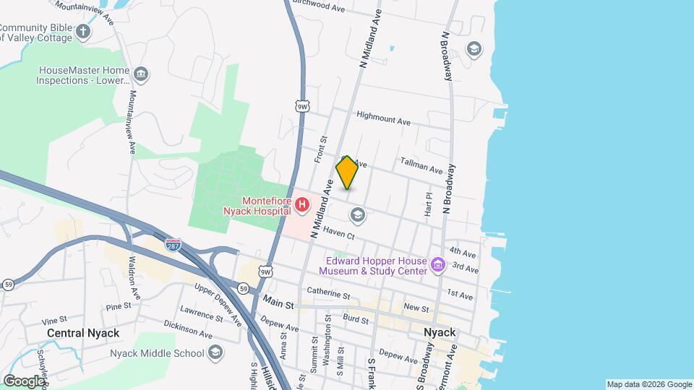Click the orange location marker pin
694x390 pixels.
(347, 173)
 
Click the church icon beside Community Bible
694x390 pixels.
(84, 31)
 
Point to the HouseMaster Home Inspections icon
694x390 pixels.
(142, 74)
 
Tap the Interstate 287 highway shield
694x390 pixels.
(173, 245)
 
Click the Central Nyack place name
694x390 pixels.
(83, 333)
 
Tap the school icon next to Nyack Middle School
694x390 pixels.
(215, 352)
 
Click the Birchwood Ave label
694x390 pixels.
(321, 6)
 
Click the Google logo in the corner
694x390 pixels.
(24, 381)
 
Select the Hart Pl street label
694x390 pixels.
(428, 204)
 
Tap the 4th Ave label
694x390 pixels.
(462, 253)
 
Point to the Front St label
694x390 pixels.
(322, 149)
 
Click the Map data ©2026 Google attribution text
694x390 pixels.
(649, 384)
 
